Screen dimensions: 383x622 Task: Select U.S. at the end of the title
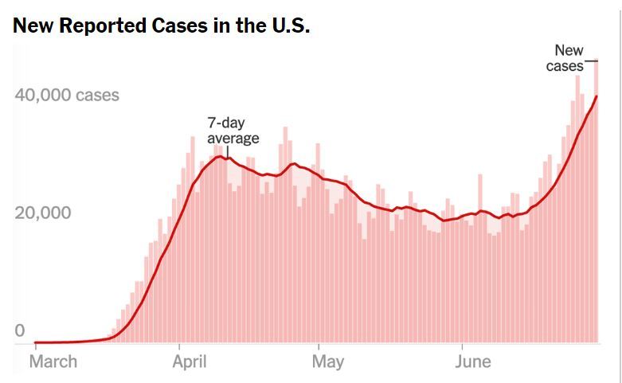[284, 25]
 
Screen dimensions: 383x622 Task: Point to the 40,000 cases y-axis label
[67, 96]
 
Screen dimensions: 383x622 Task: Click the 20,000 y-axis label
[43, 213]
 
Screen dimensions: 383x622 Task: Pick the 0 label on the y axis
[20, 330]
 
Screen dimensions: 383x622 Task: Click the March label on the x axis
[53, 362]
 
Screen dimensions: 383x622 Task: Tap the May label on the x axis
[327, 362]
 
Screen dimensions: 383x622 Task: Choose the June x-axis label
[473, 362]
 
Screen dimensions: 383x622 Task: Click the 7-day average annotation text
[233, 131]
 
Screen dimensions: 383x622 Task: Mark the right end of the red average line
[597, 96]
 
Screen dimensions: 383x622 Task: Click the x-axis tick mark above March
[36, 347]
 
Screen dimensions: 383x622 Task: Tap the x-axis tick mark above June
[462, 347]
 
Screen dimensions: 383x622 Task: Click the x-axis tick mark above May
[319, 347]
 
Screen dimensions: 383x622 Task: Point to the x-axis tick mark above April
[180, 347]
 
